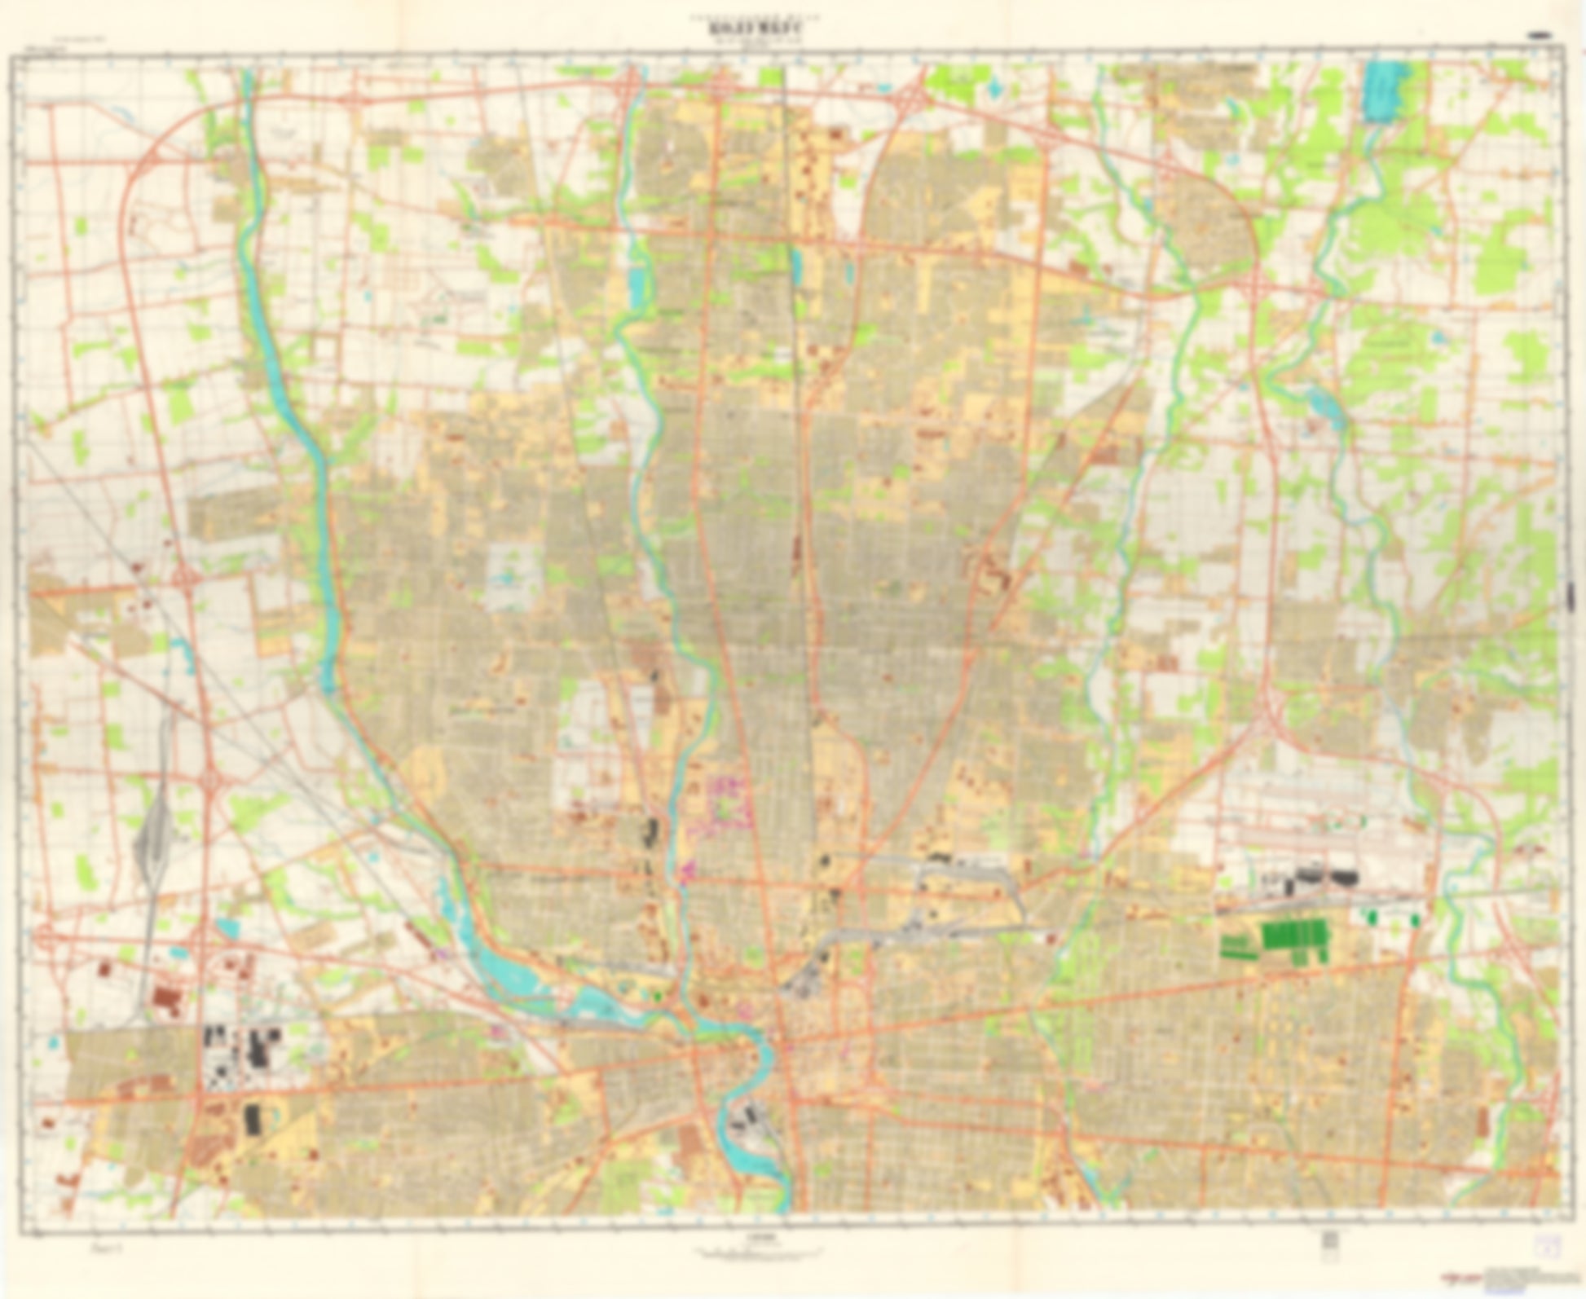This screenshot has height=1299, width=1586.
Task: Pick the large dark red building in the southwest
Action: pos(166,999)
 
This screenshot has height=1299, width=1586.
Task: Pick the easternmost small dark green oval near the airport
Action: pos(1414,918)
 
